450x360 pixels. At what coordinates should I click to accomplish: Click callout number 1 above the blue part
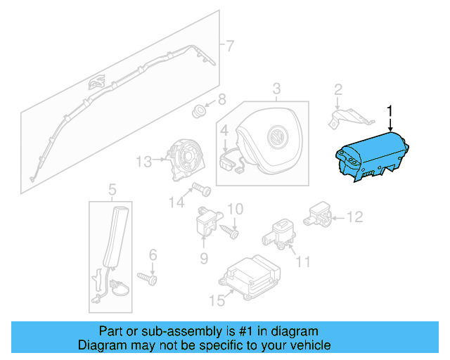click(391, 110)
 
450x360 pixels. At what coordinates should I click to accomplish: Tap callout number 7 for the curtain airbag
click(229, 46)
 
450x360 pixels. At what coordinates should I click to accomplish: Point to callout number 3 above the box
click(276, 89)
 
